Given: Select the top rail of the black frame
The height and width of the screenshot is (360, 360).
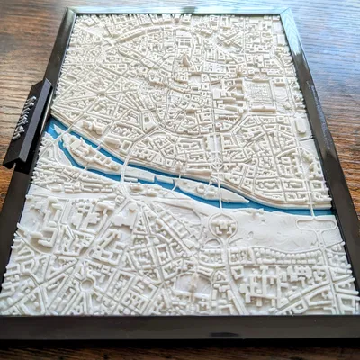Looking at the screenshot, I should point(180,12).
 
